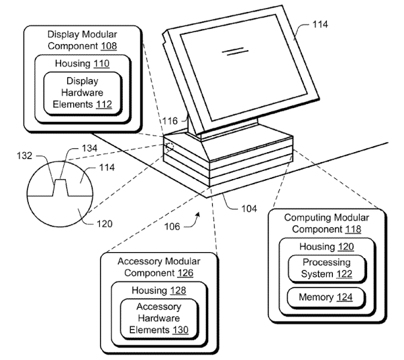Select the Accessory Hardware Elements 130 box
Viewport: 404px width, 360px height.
tap(159, 318)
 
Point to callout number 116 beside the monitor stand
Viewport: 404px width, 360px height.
tap(170, 121)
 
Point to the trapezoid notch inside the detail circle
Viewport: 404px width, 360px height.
tap(61, 188)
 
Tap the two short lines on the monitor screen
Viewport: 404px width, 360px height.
tap(232, 50)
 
